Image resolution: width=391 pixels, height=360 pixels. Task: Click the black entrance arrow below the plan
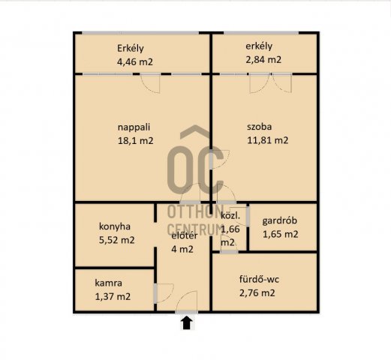(x=187, y=323)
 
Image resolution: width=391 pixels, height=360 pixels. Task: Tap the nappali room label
(x=134, y=127)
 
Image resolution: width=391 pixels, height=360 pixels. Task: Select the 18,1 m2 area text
(x=135, y=141)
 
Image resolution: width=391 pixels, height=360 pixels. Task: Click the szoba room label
(x=260, y=127)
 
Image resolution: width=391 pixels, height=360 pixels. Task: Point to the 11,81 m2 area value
(x=268, y=140)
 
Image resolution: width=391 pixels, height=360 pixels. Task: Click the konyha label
(x=115, y=226)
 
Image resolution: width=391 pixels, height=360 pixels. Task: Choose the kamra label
(x=109, y=283)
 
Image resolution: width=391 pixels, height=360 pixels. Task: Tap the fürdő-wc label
(x=259, y=279)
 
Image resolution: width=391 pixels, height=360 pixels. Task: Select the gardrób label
(x=280, y=220)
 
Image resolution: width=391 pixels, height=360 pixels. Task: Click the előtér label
(x=185, y=235)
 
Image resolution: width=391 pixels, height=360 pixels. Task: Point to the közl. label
(x=230, y=216)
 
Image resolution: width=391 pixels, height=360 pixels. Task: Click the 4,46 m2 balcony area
(x=135, y=61)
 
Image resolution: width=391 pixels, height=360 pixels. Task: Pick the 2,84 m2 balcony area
(x=263, y=60)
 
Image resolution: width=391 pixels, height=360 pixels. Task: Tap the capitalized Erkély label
(x=131, y=48)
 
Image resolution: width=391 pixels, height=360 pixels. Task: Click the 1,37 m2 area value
(x=113, y=296)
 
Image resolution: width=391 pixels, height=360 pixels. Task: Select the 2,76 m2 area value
(x=257, y=292)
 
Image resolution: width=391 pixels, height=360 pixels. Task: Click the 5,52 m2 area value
(x=117, y=240)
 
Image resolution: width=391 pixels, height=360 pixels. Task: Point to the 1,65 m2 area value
(x=280, y=234)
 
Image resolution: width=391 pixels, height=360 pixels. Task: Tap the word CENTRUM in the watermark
(x=194, y=229)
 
